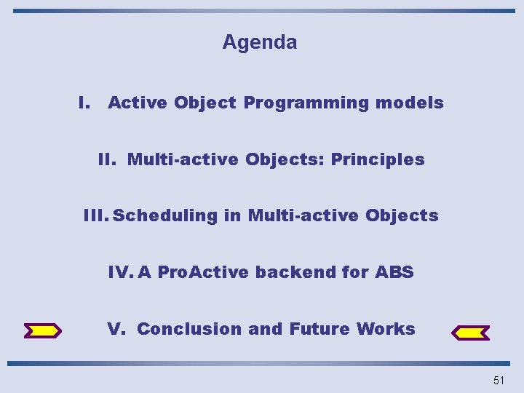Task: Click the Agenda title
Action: pos(260,42)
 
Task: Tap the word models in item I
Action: pos(409,103)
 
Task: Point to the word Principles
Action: pos(378,159)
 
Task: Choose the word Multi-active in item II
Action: pos(183,159)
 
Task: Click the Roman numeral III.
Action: pos(95,215)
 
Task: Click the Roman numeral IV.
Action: pos(119,272)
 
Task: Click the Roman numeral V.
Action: pos(116,329)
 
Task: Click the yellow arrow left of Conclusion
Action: pos(43,331)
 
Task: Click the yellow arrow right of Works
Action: pos(471,333)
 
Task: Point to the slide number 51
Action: pos(499,380)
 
